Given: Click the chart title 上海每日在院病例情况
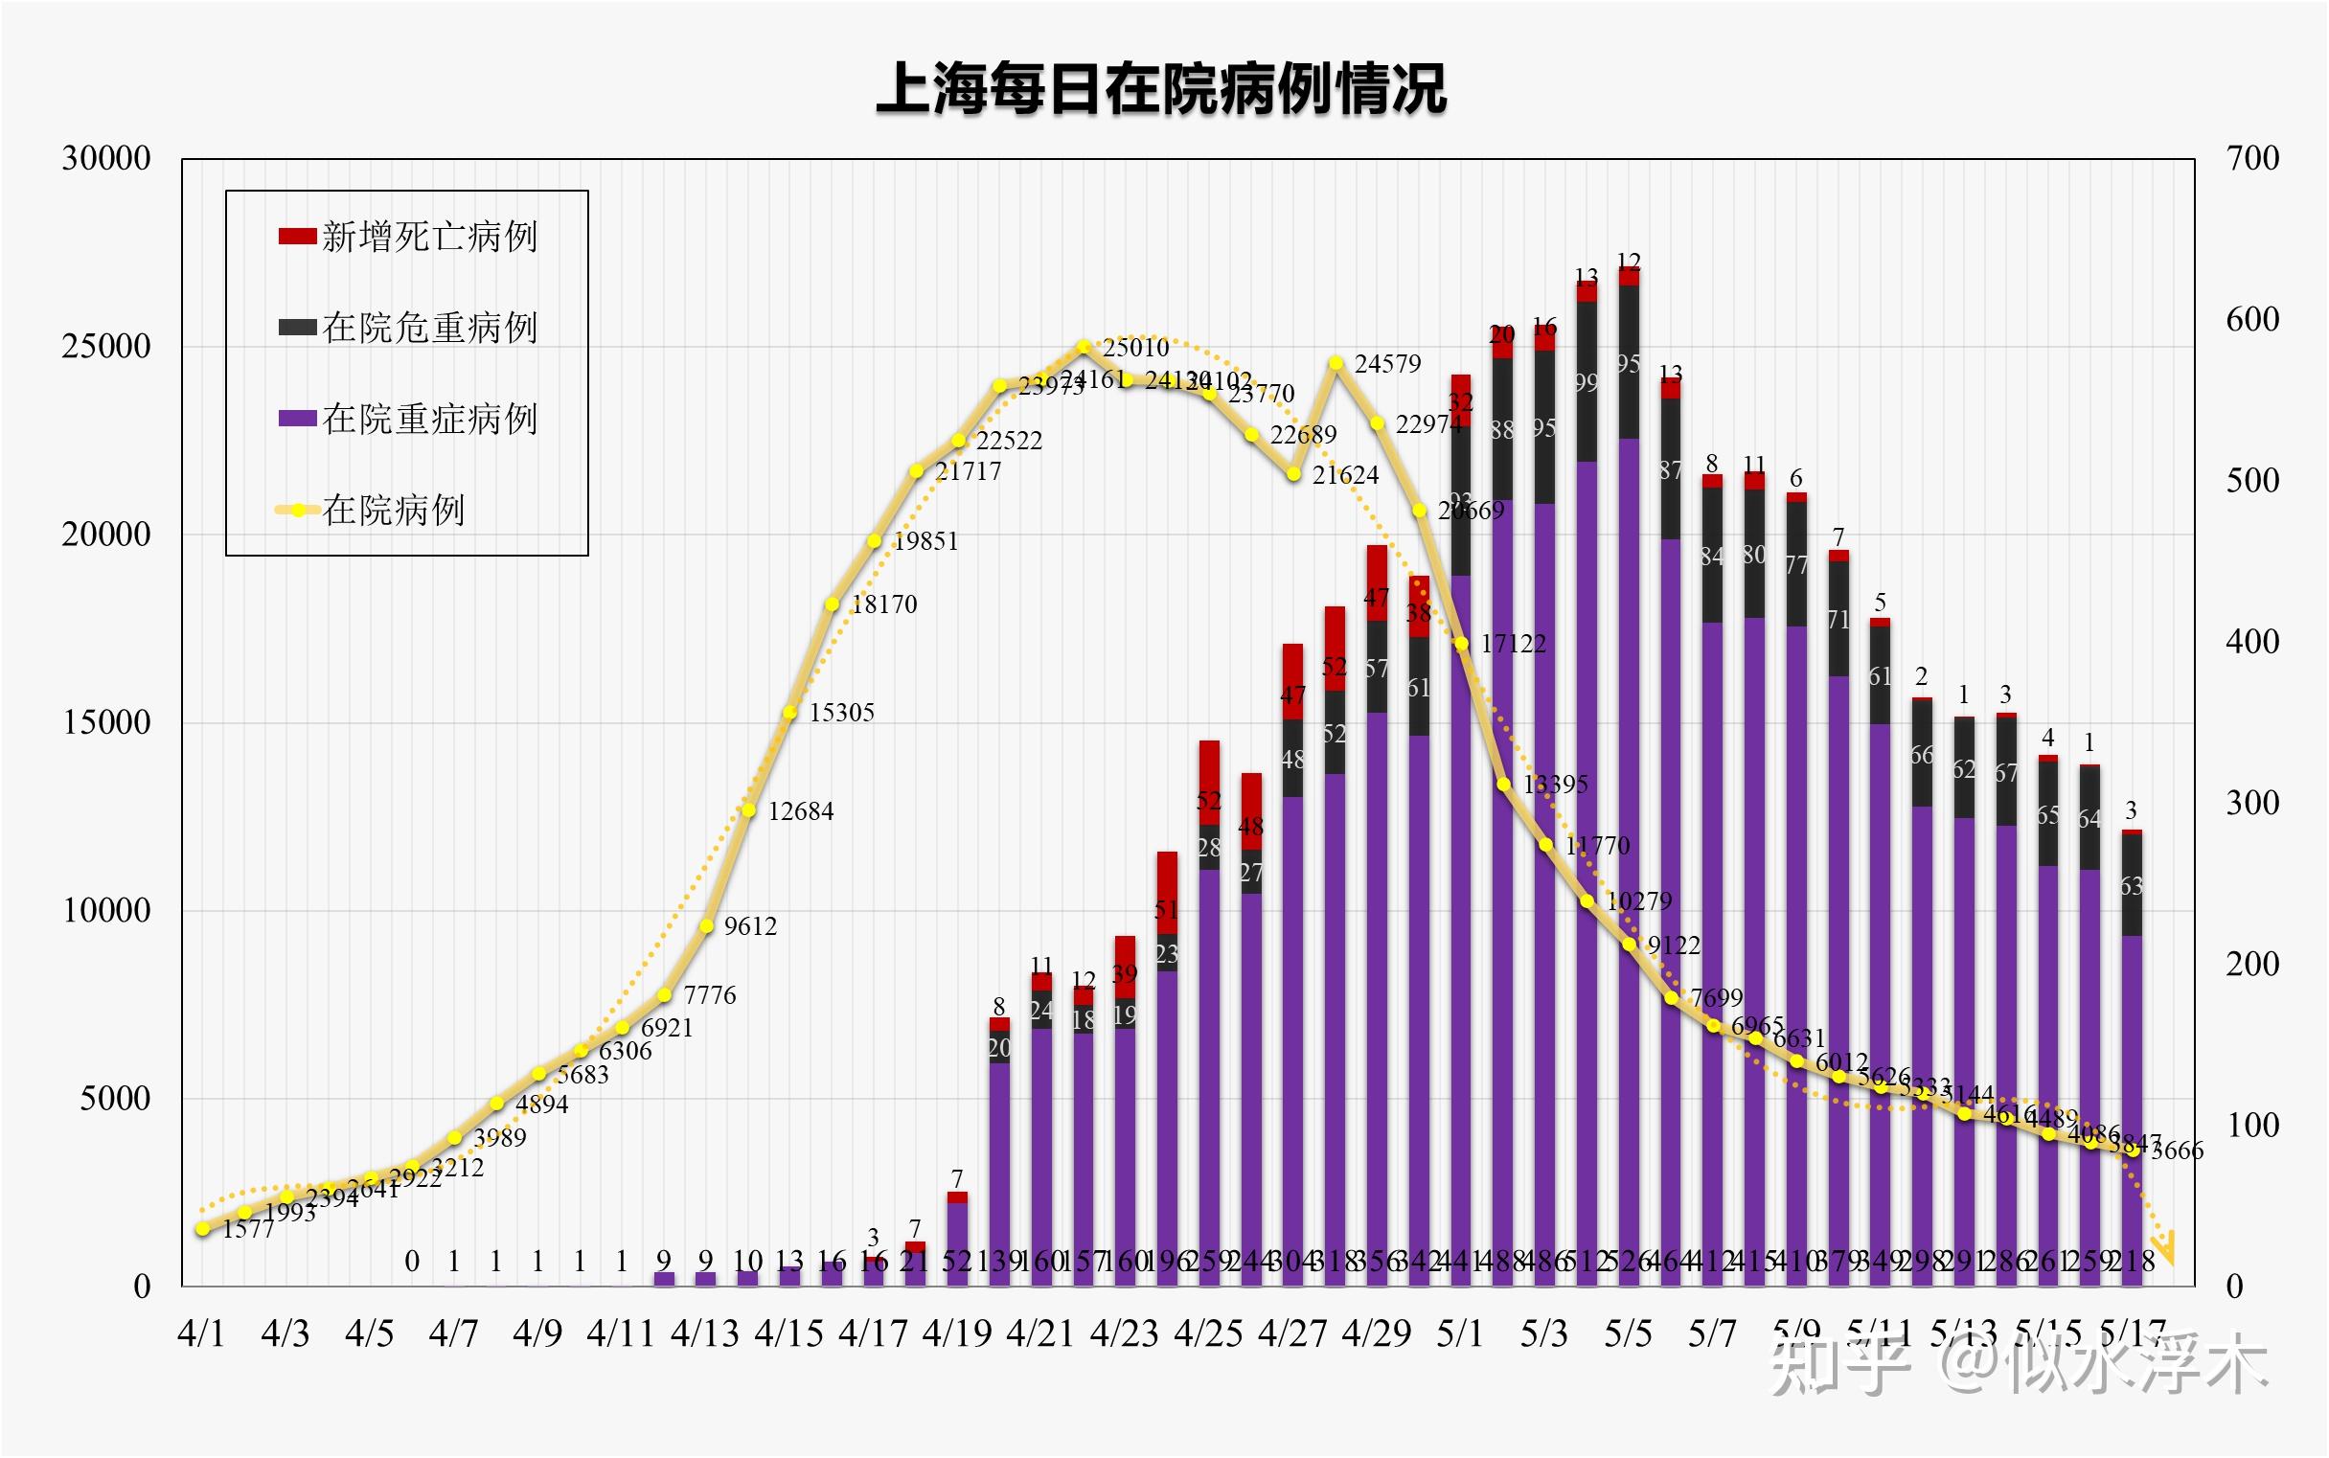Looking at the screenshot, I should pos(1161,89).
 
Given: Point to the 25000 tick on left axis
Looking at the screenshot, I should pos(106,346).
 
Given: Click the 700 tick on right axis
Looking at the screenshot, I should pos(2251,158).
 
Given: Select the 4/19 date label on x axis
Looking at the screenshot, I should pos(957,1333).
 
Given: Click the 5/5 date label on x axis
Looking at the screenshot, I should pos(1628,1333).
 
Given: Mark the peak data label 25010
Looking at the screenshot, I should pos(1135,347).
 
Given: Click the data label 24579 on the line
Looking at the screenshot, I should pos(1387,363).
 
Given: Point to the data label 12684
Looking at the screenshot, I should pos(800,811).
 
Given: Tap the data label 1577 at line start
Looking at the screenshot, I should pos(248,1228).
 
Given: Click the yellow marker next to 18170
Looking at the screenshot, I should pos(832,604).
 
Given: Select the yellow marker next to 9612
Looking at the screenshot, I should pos(706,925).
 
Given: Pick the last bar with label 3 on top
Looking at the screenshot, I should pos(2132,1060).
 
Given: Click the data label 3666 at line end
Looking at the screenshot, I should pos(2177,1150).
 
